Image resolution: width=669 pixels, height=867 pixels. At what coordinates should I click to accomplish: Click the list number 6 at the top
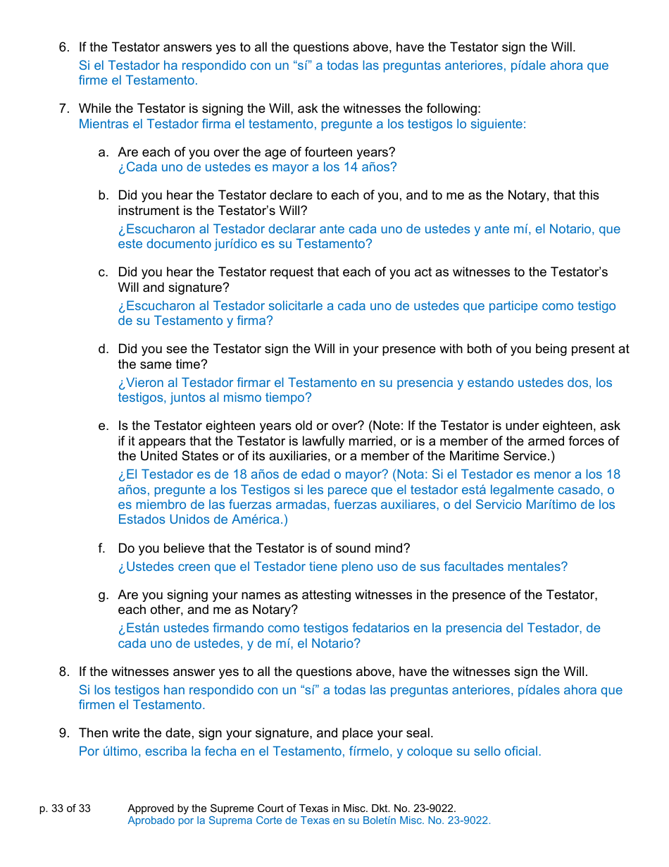[x=63, y=48]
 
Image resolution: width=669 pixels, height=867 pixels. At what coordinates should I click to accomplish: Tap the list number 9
[x=63, y=733]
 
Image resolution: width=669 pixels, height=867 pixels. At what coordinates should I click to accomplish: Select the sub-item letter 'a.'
[x=104, y=152]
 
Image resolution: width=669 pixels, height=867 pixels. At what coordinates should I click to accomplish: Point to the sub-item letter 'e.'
[x=104, y=426]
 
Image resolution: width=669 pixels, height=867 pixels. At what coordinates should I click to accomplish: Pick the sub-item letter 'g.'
[x=104, y=595]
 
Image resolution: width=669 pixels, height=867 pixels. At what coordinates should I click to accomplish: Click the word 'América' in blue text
[x=251, y=520]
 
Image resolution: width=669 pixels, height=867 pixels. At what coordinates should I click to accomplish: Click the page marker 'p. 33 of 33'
[x=65, y=808]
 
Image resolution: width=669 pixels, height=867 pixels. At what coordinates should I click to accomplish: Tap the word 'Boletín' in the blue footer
[x=361, y=820]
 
